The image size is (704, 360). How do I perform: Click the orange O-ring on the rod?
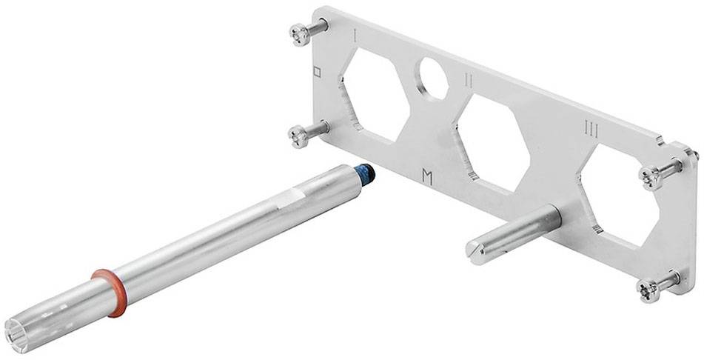coord(111,293)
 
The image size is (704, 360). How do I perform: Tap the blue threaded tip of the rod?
coord(366,173)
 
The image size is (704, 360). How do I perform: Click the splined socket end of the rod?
coord(20,332)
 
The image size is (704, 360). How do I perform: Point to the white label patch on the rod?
coord(290,197)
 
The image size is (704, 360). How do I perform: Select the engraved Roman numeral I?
coord(355,36)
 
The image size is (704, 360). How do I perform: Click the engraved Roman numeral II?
coord(469,81)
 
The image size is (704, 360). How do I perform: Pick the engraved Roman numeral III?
coord(591,130)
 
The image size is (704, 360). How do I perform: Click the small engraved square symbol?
coord(318,72)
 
